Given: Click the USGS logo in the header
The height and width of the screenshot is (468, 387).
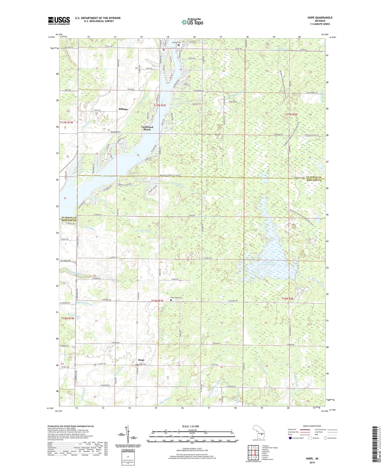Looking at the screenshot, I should click(59, 21).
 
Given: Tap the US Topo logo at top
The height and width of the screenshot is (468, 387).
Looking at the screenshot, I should click(192, 22).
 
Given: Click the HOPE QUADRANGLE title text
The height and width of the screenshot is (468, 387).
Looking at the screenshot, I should click(320, 18).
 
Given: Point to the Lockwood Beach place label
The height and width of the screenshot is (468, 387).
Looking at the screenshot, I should click(147, 128).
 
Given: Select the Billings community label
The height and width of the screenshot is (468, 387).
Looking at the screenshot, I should click(123, 109).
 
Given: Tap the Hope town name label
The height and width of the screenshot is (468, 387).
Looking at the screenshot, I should click(141, 360).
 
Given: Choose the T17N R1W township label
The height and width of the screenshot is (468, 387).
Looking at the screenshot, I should click(67, 122).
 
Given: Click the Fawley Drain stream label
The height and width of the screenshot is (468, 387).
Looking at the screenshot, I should click(144, 231).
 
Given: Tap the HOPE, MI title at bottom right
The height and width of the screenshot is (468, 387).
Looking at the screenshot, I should click(312, 459).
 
